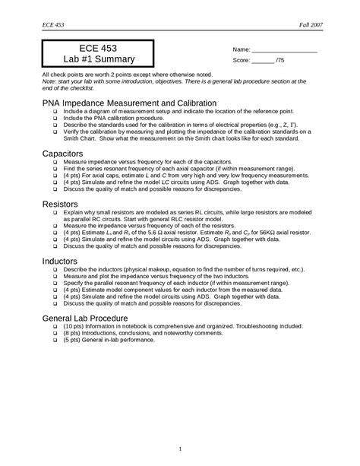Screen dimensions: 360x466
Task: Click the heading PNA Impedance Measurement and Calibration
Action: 130,102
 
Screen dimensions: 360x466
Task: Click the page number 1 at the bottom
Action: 180,449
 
